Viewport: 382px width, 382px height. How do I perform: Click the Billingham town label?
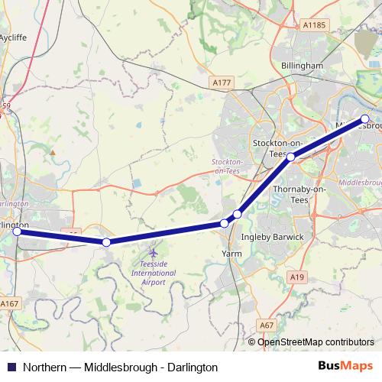click(x=303, y=66)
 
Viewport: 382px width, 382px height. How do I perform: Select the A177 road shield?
click(x=222, y=82)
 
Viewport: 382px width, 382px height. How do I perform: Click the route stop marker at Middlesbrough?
click(x=365, y=118)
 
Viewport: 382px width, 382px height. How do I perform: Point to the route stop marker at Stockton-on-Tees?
click(x=290, y=157)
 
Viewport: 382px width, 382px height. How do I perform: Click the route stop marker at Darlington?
click(x=16, y=231)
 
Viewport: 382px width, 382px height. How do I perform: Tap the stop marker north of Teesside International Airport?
click(x=106, y=242)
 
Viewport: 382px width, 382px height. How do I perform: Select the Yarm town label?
click(x=231, y=252)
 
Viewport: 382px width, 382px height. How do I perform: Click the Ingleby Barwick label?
click(x=272, y=237)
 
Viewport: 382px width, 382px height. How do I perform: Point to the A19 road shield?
click(x=297, y=275)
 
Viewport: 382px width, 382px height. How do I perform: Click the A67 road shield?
click(x=266, y=325)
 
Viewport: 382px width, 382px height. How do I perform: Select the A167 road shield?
click(x=9, y=304)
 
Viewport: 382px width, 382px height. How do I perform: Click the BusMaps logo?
click(x=346, y=366)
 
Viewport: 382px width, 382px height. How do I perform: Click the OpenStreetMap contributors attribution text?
click(x=316, y=342)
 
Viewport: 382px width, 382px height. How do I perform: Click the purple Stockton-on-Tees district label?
click(x=227, y=167)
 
